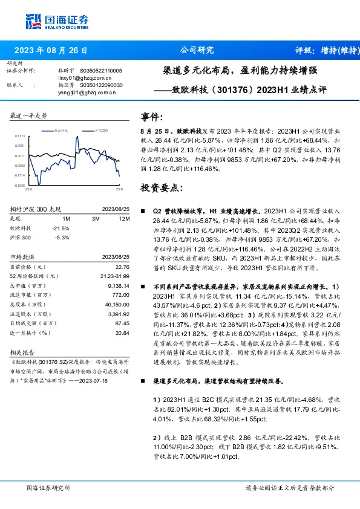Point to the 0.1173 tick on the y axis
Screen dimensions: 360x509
click(x=21, y=137)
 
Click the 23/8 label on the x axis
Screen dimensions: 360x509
click(x=119, y=189)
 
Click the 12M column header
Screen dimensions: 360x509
click(x=125, y=218)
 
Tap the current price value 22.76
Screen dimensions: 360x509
click(x=123, y=267)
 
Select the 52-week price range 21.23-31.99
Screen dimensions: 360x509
click(x=114, y=276)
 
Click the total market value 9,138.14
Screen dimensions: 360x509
click(x=118, y=285)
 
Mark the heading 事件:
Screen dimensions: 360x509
click(x=152, y=116)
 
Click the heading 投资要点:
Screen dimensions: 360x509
click(x=160, y=188)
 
